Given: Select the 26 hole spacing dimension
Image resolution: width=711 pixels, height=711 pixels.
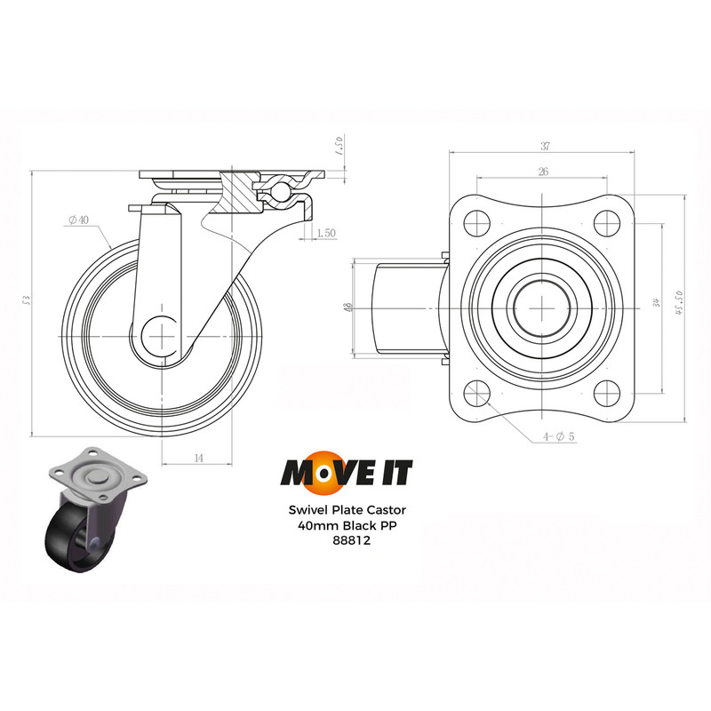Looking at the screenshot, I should (542, 172).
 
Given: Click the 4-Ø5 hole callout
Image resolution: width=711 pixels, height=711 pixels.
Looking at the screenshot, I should (560, 436).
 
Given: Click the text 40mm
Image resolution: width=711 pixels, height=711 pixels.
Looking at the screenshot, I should (317, 525).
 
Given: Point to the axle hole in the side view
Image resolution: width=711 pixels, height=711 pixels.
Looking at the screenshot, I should (164, 338).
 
